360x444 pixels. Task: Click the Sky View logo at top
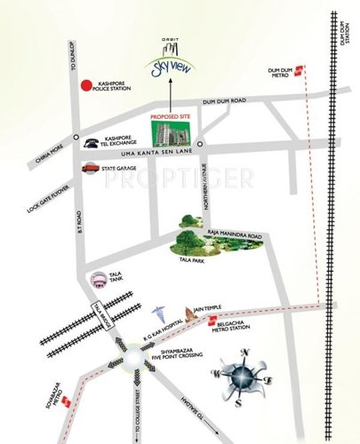click(163, 61)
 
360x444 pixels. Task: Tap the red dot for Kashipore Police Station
click(86, 86)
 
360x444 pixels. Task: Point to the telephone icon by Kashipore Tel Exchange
click(91, 142)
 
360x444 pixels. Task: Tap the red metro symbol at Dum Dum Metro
click(301, 72)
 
